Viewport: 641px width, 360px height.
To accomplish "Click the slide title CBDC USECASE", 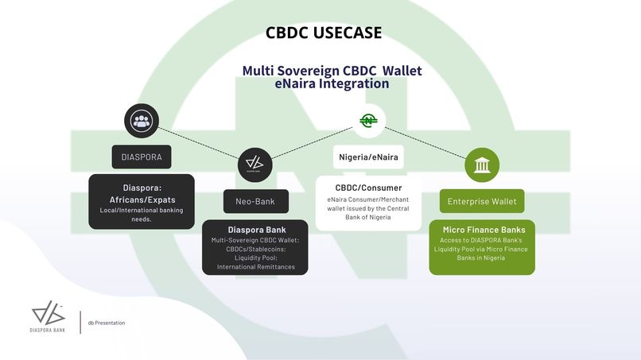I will click(x=324, y=33).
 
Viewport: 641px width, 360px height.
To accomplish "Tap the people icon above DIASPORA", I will click(x=142, y=122).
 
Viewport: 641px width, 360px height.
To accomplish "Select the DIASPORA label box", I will click(x=142, y=157).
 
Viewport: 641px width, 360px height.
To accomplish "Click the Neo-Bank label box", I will click(x=254, y=201).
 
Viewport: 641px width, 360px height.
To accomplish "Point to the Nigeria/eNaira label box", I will click(x=368, y=157).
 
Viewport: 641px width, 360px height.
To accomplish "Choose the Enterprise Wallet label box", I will click(x=483, y=201).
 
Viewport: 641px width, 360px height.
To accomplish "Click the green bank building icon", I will click(x=482, y=165).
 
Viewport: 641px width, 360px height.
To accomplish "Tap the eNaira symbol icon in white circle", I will click(x=368, y=121).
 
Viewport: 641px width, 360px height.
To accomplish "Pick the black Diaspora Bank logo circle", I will click(x=254, y=165).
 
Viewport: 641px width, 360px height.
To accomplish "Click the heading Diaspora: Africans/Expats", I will click(x=142, y=193).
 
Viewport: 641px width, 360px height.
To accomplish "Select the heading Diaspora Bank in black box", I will click(x=254, y=230).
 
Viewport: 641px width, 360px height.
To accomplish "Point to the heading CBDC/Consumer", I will click(x=368, y=188).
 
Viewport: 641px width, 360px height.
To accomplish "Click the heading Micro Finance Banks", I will click(x=482, y=230).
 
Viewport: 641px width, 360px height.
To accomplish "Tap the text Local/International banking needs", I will click(x=142, y=214).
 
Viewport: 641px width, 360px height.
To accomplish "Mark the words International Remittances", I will click(x=254, y=266).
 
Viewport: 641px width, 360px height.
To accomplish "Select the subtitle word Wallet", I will click(x=402, y=71).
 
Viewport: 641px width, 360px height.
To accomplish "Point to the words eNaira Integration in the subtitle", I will click(x=332, y=83).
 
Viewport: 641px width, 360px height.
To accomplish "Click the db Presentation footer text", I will click(x=106, y=323).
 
